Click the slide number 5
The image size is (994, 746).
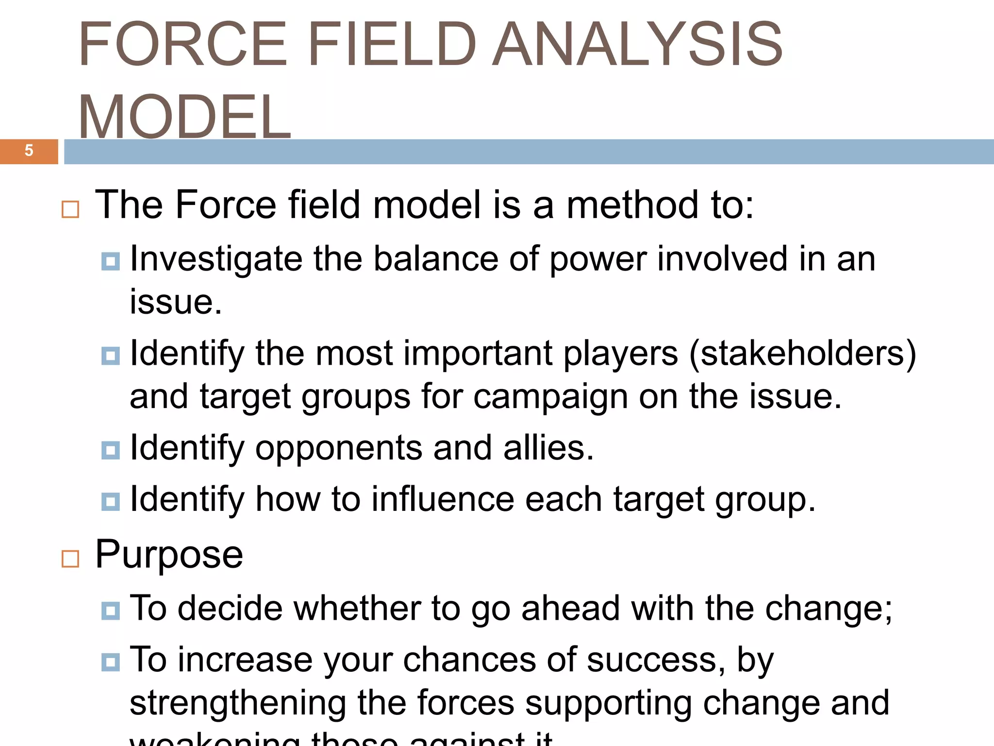point(29,151)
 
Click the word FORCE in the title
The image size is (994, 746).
point(182,45)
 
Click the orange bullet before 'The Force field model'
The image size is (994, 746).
point(70,209)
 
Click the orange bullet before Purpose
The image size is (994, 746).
point(70,559)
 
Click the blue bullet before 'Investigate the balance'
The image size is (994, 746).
point(111,261)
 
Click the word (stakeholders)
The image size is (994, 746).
point(802,354)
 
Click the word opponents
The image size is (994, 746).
point(338,448)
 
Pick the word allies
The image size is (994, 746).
point(548,448)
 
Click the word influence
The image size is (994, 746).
point(442,499)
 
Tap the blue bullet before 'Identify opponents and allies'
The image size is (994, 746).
point(111,450)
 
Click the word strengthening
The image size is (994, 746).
point(238,703)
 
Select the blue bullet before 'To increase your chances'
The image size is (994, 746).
point(111,662)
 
